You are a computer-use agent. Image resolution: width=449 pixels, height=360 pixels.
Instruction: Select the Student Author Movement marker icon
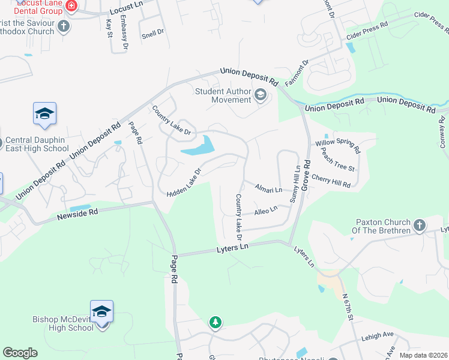click(261, 94)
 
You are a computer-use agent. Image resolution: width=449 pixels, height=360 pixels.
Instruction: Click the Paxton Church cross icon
click(420, 226)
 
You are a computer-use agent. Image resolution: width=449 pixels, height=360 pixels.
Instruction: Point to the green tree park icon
click(215, 323)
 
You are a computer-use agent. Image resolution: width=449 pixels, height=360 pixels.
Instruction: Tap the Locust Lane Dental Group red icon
click(71, 5)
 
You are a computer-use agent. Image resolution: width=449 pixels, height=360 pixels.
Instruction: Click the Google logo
click(20, 353)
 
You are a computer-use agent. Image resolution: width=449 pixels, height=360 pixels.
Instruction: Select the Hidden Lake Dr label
click(182, 181)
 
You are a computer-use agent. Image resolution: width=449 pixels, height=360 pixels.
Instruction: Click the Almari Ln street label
click(268, 189)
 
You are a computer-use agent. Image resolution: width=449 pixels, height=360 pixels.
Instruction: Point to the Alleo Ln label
click(266, 210)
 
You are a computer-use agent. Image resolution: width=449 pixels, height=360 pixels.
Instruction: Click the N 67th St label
click(349, 306)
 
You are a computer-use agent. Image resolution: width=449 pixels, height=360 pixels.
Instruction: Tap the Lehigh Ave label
click(377, 336)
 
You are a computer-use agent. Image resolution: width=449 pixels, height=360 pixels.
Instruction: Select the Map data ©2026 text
click(423, 355)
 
